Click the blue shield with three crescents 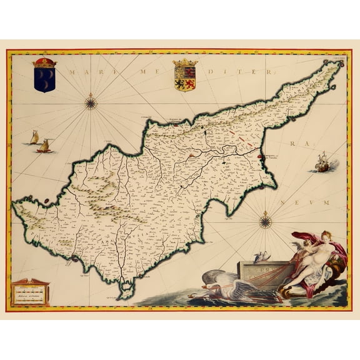pyautogui.click(x=44, y=79)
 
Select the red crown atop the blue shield pyautogui.click(x=44, y=62)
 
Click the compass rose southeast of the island pyautogui.click(x=265, y=219)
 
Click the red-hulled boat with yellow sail pyautogui.click(x=44, y=147)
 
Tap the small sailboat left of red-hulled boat pyautogui.click(x=34, y=137)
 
